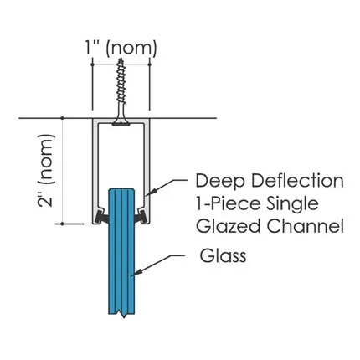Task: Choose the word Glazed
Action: (224, 226)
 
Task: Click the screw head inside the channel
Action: (121, 123)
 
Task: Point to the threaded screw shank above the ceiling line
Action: (121, 88)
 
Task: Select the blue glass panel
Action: (121, 260)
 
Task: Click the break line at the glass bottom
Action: (121, 316)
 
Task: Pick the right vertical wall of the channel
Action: (150, 167)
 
